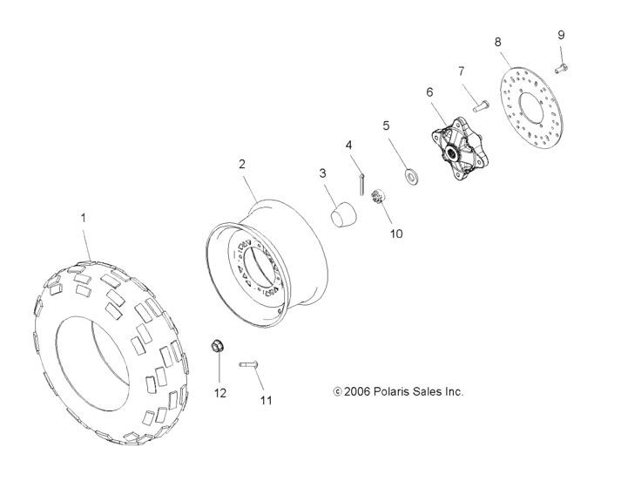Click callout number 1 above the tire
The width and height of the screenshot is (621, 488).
84,217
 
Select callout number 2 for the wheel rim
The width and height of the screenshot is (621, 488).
242,164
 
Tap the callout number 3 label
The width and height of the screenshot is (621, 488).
322,173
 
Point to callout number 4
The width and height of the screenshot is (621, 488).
348,145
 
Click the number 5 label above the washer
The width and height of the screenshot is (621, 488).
386,125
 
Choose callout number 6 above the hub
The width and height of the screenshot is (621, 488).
429,91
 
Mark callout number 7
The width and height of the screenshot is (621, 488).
462,71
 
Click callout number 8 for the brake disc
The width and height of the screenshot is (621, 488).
497,41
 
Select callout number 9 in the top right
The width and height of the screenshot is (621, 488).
561,35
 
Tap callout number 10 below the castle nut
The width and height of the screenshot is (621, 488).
396,234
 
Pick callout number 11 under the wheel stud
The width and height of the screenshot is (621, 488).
267,400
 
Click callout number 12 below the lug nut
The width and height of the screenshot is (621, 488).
220,393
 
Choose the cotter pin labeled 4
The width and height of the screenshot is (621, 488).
360,184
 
